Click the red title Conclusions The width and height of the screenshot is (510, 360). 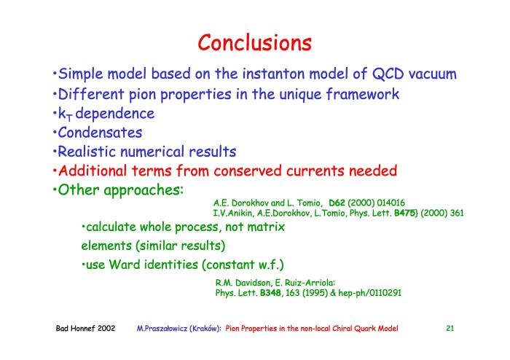(255, 42)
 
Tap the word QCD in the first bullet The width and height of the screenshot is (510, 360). (388, 74)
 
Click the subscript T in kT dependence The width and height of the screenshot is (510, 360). (69, 117)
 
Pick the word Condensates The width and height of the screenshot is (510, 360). (100, 133)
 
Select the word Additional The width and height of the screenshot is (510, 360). (93, 171)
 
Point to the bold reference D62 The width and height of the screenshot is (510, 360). (337, 203)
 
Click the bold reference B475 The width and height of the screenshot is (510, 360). (404, 213)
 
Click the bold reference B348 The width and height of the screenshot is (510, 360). (270, 293)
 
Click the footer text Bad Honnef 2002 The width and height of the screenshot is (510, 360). (85, 328)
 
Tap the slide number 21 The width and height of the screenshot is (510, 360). (450, 328)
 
